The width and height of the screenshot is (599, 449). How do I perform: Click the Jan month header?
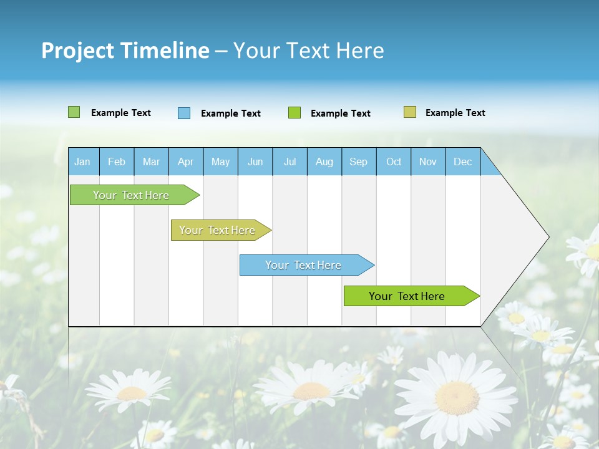pyautogui.click(x=82, y=162)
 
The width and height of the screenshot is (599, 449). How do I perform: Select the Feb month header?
pyautogui.click(x=117, y=162)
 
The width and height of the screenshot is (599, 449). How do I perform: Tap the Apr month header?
pyautogui.click(x=185, y=162)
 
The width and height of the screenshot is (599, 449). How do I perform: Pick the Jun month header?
pyautogui.click(x=255, y=162)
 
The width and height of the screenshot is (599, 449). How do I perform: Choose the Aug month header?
pyautogui.click(x=324, y=162)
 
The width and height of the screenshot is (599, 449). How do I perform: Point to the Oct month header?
pyautogui.click(x=394, y=162)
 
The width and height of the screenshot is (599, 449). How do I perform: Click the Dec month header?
pyautogui.click(x=462, y=162)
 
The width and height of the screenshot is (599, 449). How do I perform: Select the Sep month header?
pyautogui.click(x=358, y=162)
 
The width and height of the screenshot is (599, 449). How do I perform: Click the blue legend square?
pyautogui.click(x=184, y=113)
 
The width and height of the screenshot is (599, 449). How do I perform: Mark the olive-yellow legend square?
pyautogui.click(x=410, y=112)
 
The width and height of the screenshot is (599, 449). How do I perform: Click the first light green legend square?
pyautogui.click(x=74, y=112)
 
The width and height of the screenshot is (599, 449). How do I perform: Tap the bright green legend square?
pyautogui.click(x=295, y=113)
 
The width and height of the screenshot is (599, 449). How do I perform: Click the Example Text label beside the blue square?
pyautogui.click(x=231, y=113)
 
